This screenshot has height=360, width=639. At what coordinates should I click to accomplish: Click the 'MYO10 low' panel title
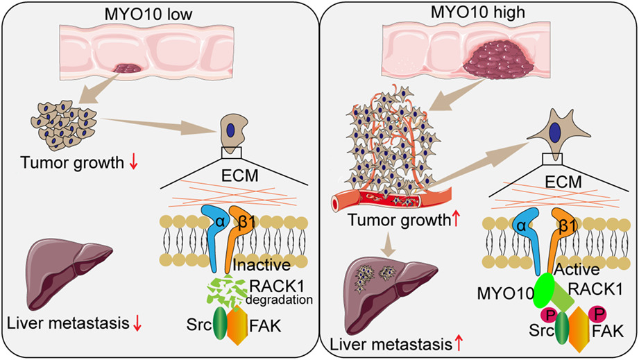[148, 15]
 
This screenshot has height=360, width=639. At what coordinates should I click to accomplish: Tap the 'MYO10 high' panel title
[478, 12]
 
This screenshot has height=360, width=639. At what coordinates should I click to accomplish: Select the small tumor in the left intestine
[128, 68]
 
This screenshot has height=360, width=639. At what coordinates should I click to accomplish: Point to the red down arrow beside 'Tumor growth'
[134, 163]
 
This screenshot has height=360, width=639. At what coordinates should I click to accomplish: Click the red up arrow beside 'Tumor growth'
[456, 220]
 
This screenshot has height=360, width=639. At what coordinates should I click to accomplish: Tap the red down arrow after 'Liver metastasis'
[137, 324]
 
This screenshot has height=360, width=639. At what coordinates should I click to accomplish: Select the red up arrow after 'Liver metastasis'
[459, 344]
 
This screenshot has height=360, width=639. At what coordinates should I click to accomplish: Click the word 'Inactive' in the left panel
[262, 265]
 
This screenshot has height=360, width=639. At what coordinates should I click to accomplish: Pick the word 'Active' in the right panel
[577, 269]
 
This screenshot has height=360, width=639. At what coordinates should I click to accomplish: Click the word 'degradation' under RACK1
[279, 300]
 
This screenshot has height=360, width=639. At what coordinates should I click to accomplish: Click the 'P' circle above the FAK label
[598, 314]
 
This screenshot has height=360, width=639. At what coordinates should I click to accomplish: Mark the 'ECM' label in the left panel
[239, 175]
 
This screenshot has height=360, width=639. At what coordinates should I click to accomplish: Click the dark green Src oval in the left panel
[220, 323]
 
